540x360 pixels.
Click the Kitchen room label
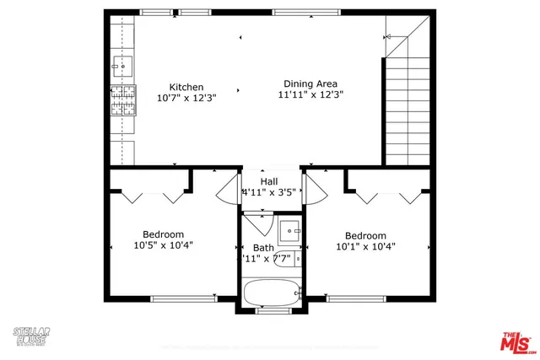click(x=186, y=87)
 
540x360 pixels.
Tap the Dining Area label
click(x=310, y=83)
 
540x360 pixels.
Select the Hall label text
click(x=269, y=181)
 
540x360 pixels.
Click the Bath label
click(x=263, y=247)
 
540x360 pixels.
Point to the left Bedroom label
click(x=163, y=234)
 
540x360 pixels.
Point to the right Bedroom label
click(x=365, y=235)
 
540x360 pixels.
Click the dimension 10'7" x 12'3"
click(x=186, y=98)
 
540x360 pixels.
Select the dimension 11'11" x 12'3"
click(x=310, y=95)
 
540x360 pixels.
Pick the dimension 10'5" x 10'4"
click(x=163, y=246)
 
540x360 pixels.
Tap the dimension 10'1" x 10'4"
click(x=365, y=247)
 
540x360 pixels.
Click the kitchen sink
click(x=122, y=64)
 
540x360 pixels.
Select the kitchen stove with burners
click(x=122, y=100)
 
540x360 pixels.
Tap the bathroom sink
click(x=290, y=228)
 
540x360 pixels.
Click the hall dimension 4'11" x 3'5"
click(x=269, y=192)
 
